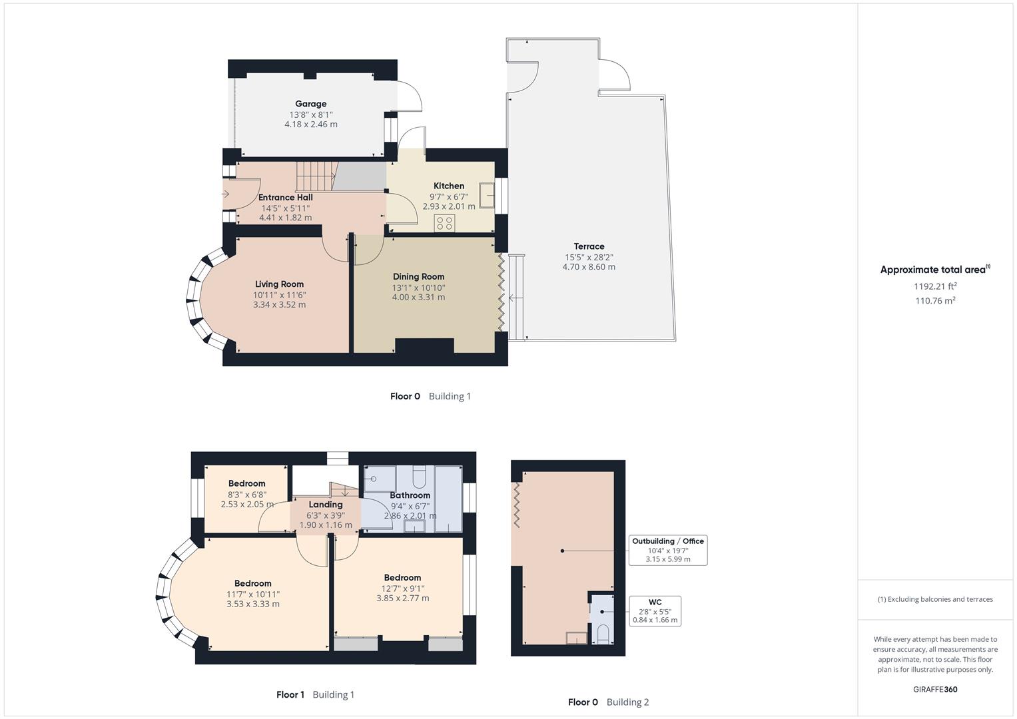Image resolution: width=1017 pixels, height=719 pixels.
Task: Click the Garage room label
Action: (x=311, y=104)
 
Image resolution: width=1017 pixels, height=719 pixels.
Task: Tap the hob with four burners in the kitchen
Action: (x=444, y=223)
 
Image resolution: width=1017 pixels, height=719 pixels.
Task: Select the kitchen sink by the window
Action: (x=489, y=196)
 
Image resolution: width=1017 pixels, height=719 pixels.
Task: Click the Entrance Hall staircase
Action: (x=316, y=176)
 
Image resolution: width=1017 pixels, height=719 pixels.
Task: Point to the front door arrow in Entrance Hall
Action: (x=225, y=194)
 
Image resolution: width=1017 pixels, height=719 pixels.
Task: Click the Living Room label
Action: (x=279, y=284)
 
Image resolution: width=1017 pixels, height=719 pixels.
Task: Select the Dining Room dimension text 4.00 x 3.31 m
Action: (x=418, y=298)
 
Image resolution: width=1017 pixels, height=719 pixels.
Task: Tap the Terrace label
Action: (x=589, y=246)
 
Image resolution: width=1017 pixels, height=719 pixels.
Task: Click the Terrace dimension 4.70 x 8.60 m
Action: (x=589, y=267)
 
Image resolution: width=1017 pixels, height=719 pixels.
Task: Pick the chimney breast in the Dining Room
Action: (x=424, y=346)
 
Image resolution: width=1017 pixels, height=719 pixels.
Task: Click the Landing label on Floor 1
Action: (x=325, y=505)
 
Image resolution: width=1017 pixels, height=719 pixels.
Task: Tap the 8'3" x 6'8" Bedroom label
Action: (x=246, y=483)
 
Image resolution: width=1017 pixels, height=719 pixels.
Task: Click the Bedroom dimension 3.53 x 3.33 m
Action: (x=252, y=604)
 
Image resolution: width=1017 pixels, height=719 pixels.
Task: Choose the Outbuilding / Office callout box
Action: (x=667, y=550)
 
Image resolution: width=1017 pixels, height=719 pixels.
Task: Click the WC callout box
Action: (x=655, y=610)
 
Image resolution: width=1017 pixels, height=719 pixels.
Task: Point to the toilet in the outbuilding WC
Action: (x=602, y=633)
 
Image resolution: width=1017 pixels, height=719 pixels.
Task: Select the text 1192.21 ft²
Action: (x=935, y=286)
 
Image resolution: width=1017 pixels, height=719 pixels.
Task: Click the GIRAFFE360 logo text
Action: (x=934, y=689)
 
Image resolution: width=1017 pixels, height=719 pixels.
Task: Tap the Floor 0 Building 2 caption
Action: (x=608, y=702)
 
